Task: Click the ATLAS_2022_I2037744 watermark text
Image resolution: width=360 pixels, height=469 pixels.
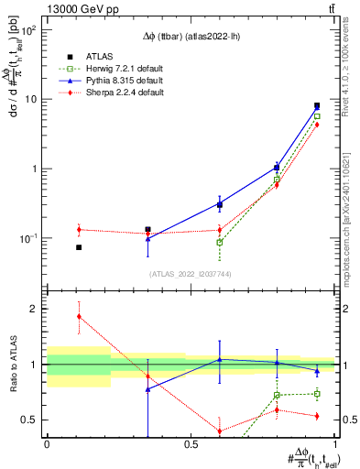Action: (190, 273)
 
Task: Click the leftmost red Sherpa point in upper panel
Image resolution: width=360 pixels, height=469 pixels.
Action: (79, 230)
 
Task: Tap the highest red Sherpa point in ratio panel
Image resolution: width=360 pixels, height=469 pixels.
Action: (79, 316)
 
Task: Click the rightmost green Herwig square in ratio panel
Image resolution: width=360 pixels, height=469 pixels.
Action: (317, 394)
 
